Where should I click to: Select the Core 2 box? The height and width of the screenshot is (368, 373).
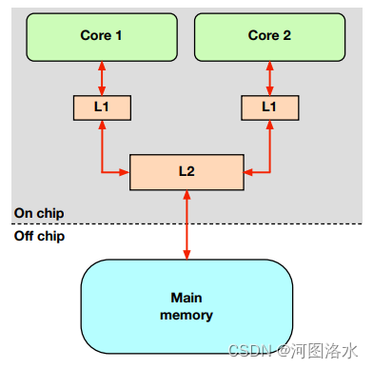pyautogui.click(x=270, y=36)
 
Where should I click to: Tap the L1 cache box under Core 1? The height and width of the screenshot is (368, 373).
pyautogui.click(x=101, y=107)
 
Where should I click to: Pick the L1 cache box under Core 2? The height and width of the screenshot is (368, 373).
pyautogui.click(x=271, y=107)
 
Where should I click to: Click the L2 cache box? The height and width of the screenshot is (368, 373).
pyautogui.click(x=186, y=171)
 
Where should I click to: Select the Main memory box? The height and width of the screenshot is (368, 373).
pyautogui.click(x=186, y=306)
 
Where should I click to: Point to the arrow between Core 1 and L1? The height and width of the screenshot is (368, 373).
pyautogui.click(x=101, y=77)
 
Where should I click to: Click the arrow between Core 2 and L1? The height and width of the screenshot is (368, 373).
pyautogui.click(x=271, y=77)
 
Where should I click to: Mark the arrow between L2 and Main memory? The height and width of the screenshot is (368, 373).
pyautogui.click(x=186, y=224)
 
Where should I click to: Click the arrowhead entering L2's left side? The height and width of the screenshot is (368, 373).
pyautogui.click(x=124, y=172)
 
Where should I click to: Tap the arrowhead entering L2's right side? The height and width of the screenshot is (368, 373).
pyautogui.click(x=249, y=172)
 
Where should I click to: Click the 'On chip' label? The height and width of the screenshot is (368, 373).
pyautogui.click(x=38, y=212)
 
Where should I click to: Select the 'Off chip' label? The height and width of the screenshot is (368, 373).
pyautogui.click(x=38, y=236)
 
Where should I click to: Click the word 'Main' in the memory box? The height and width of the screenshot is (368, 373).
pyautogui.click(x=186, y=298)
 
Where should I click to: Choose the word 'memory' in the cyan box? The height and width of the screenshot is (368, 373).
pyautogui.click(x=186, y=315)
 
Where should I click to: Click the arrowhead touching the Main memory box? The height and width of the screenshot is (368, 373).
pyautogui.click(x=186, y=254)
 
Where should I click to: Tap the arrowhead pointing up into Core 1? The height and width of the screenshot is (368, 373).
pyautogui.click(x=101, y=64)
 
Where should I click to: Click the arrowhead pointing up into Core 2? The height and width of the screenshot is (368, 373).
pyautogui.click(x=271, y=64)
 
